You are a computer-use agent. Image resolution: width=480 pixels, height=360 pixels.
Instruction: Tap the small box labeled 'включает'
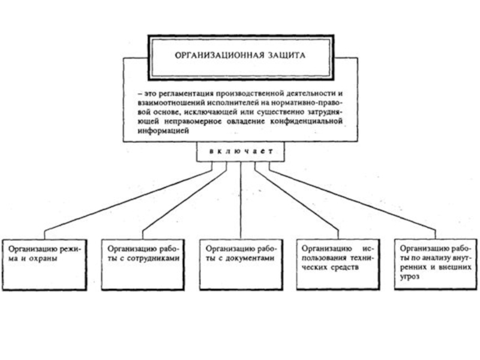241,152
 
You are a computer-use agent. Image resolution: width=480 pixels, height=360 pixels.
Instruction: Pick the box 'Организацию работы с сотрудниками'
142,265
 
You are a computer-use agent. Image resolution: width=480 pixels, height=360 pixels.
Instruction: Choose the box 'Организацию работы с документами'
240,265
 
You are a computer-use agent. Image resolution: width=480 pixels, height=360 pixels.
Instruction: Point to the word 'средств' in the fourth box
345,266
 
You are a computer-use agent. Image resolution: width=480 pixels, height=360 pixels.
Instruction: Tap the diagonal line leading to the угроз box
354,201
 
